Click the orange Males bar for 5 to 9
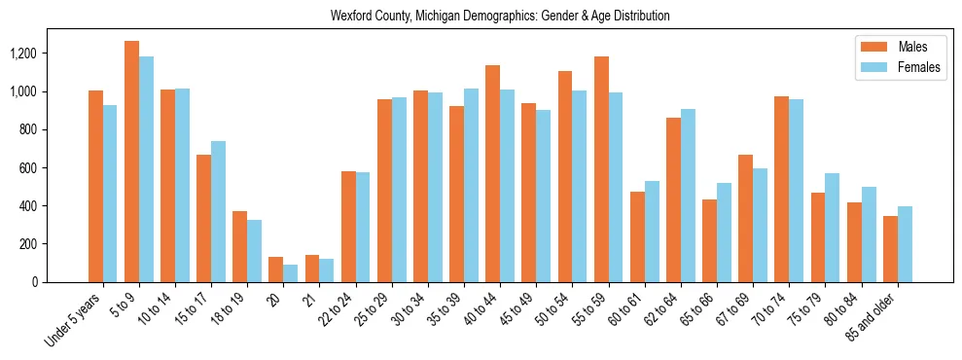tap(131, 162)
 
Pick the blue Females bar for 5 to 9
tap(146, 169)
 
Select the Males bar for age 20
tap(275, 270)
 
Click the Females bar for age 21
tap(327, 270)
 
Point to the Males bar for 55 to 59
tap(601, 169)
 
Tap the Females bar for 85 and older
tap(905, 244)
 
